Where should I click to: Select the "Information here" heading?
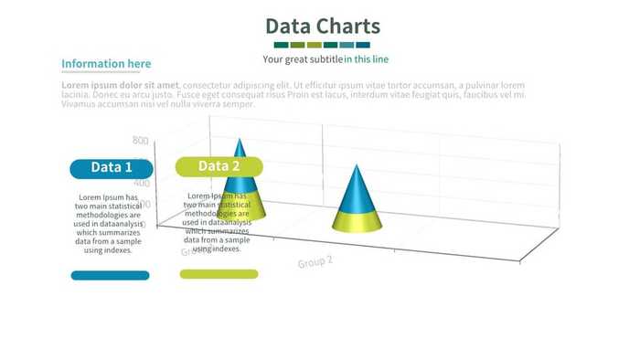[106, 64]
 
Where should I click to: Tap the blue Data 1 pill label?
[112, 168]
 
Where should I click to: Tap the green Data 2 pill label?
[219, 166]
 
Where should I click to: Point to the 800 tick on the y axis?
[140, 141]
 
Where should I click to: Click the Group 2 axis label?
[315, 261]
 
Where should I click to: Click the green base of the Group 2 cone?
[357, 221]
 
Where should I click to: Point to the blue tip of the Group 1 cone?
[240, 152]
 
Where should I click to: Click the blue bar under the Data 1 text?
[111, 275]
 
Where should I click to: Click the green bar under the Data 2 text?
[219, 274]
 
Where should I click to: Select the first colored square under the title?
[282, 45]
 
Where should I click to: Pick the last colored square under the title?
[363, 45]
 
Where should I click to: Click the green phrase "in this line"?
[366, 59]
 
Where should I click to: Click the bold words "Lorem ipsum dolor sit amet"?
[120, 85]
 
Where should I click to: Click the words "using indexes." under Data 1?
[108, 250]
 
